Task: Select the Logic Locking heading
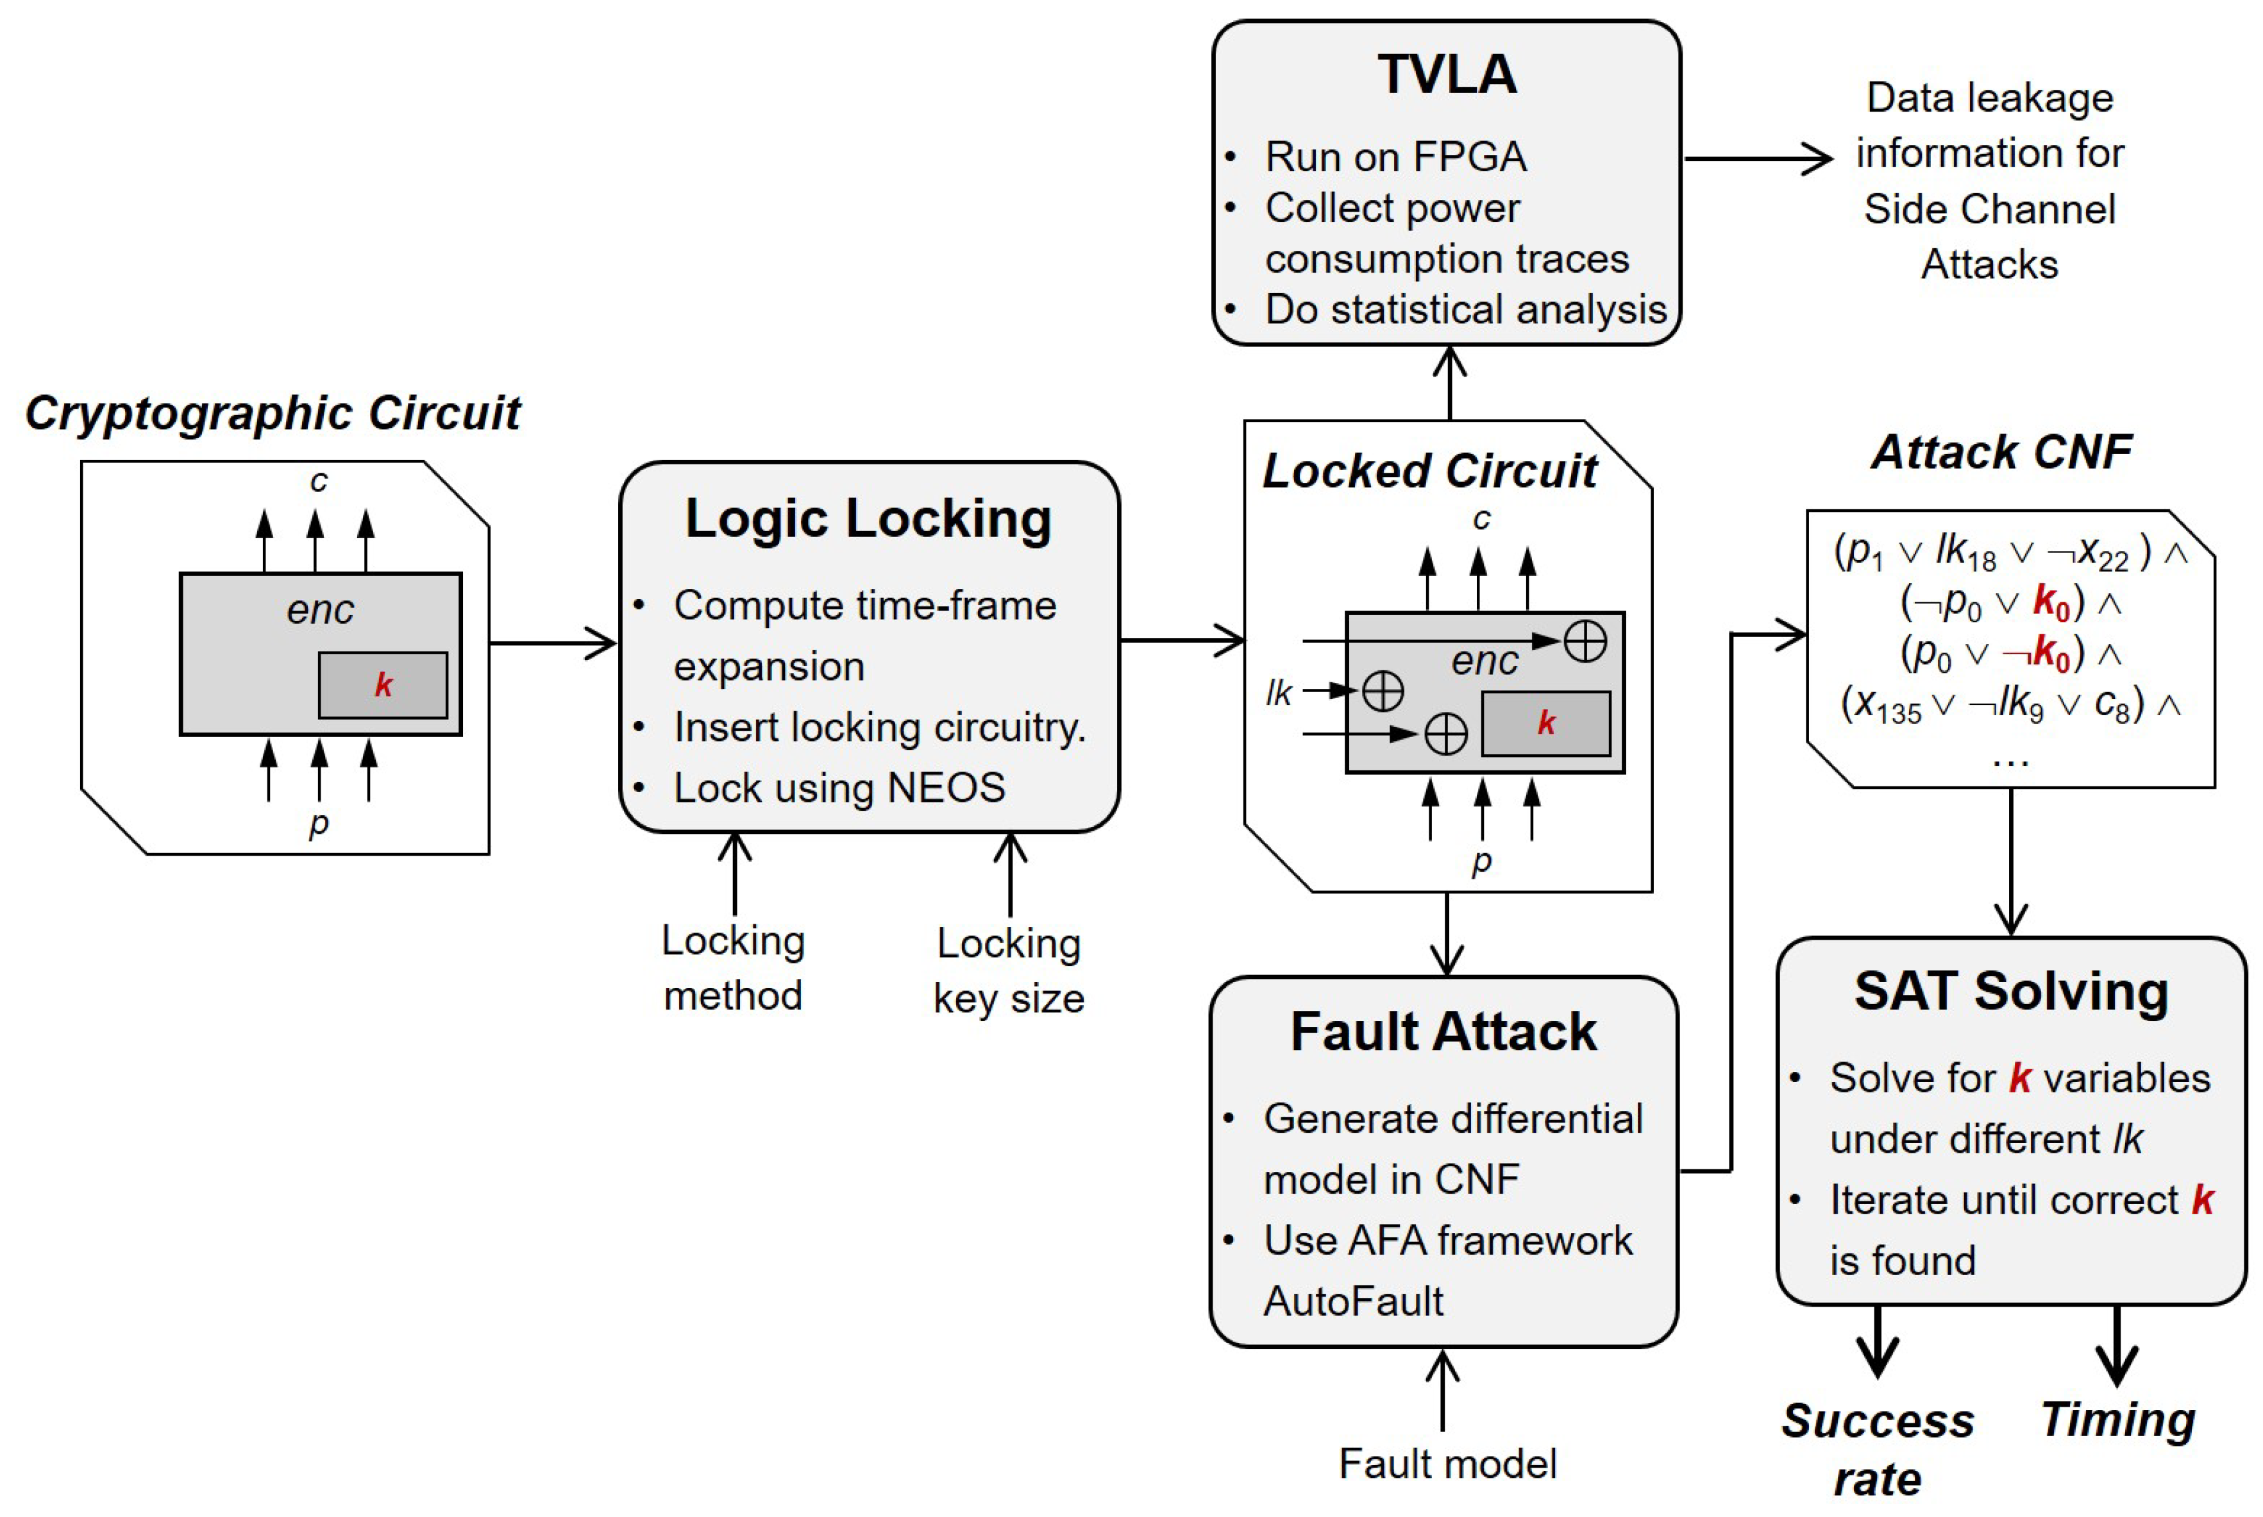[868, 518]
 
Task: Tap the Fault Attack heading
[1444, 1031]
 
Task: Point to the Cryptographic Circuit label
[273, 413]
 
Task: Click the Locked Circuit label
[1429, 471]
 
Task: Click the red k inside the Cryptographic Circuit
[383, 685]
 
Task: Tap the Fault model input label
[1447, 1464]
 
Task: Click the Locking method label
[733, 967]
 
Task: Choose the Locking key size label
[1009, 970]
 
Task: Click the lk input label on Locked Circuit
[1279, 693]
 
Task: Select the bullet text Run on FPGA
[1395, 157]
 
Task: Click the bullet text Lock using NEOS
[839, 788]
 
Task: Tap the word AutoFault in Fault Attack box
[1353, 1301]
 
